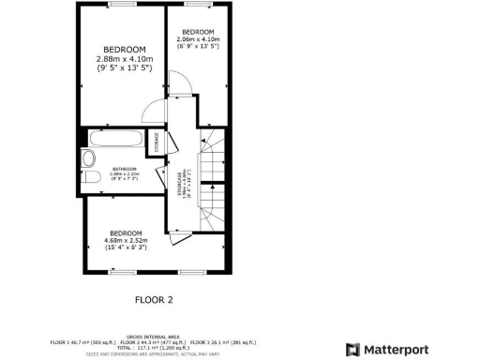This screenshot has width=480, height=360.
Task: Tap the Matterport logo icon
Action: [x=352, y=350]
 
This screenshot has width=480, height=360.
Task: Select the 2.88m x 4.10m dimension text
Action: [x=124, y=59]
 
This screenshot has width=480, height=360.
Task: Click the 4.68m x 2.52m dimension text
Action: [x=125, y=240]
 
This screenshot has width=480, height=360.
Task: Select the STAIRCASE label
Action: [x=185, y=179]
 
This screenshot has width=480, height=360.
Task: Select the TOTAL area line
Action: [x=156, y=348]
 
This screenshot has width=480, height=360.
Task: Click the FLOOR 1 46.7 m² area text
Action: [x=82, y=341]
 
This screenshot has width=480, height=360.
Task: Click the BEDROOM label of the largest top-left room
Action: [x=124, y=50]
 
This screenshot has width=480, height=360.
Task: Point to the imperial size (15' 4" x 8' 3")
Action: [x=125, y=247]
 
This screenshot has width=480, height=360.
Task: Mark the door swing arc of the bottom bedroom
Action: [x=172, y=234]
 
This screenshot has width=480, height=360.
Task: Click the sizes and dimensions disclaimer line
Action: [x=156, y=354]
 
